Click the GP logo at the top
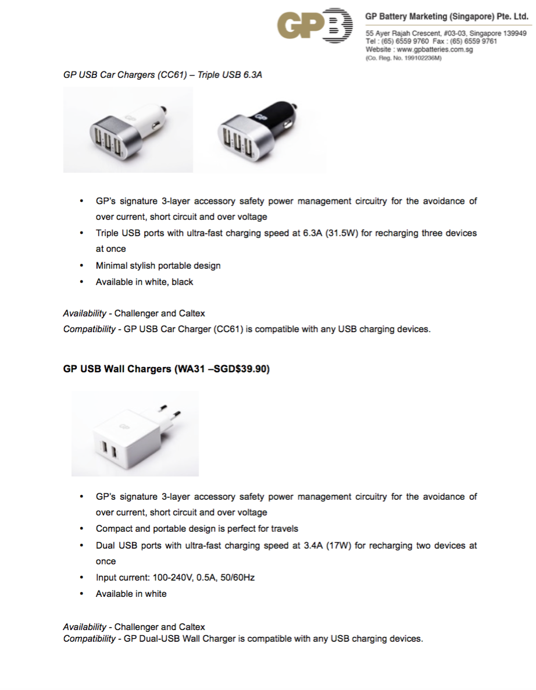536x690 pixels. point(315,26)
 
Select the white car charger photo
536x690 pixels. point(127,130)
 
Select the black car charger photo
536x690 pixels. point(262,130)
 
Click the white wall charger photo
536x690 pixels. point(135,433)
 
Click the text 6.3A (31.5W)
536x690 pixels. point(324,233)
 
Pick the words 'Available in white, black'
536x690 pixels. point(144,282)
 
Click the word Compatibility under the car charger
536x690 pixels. point(89,329)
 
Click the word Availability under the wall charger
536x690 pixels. point(84,627)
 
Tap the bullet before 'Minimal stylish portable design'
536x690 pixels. point(81,266)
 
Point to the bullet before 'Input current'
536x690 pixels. point(81,578)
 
